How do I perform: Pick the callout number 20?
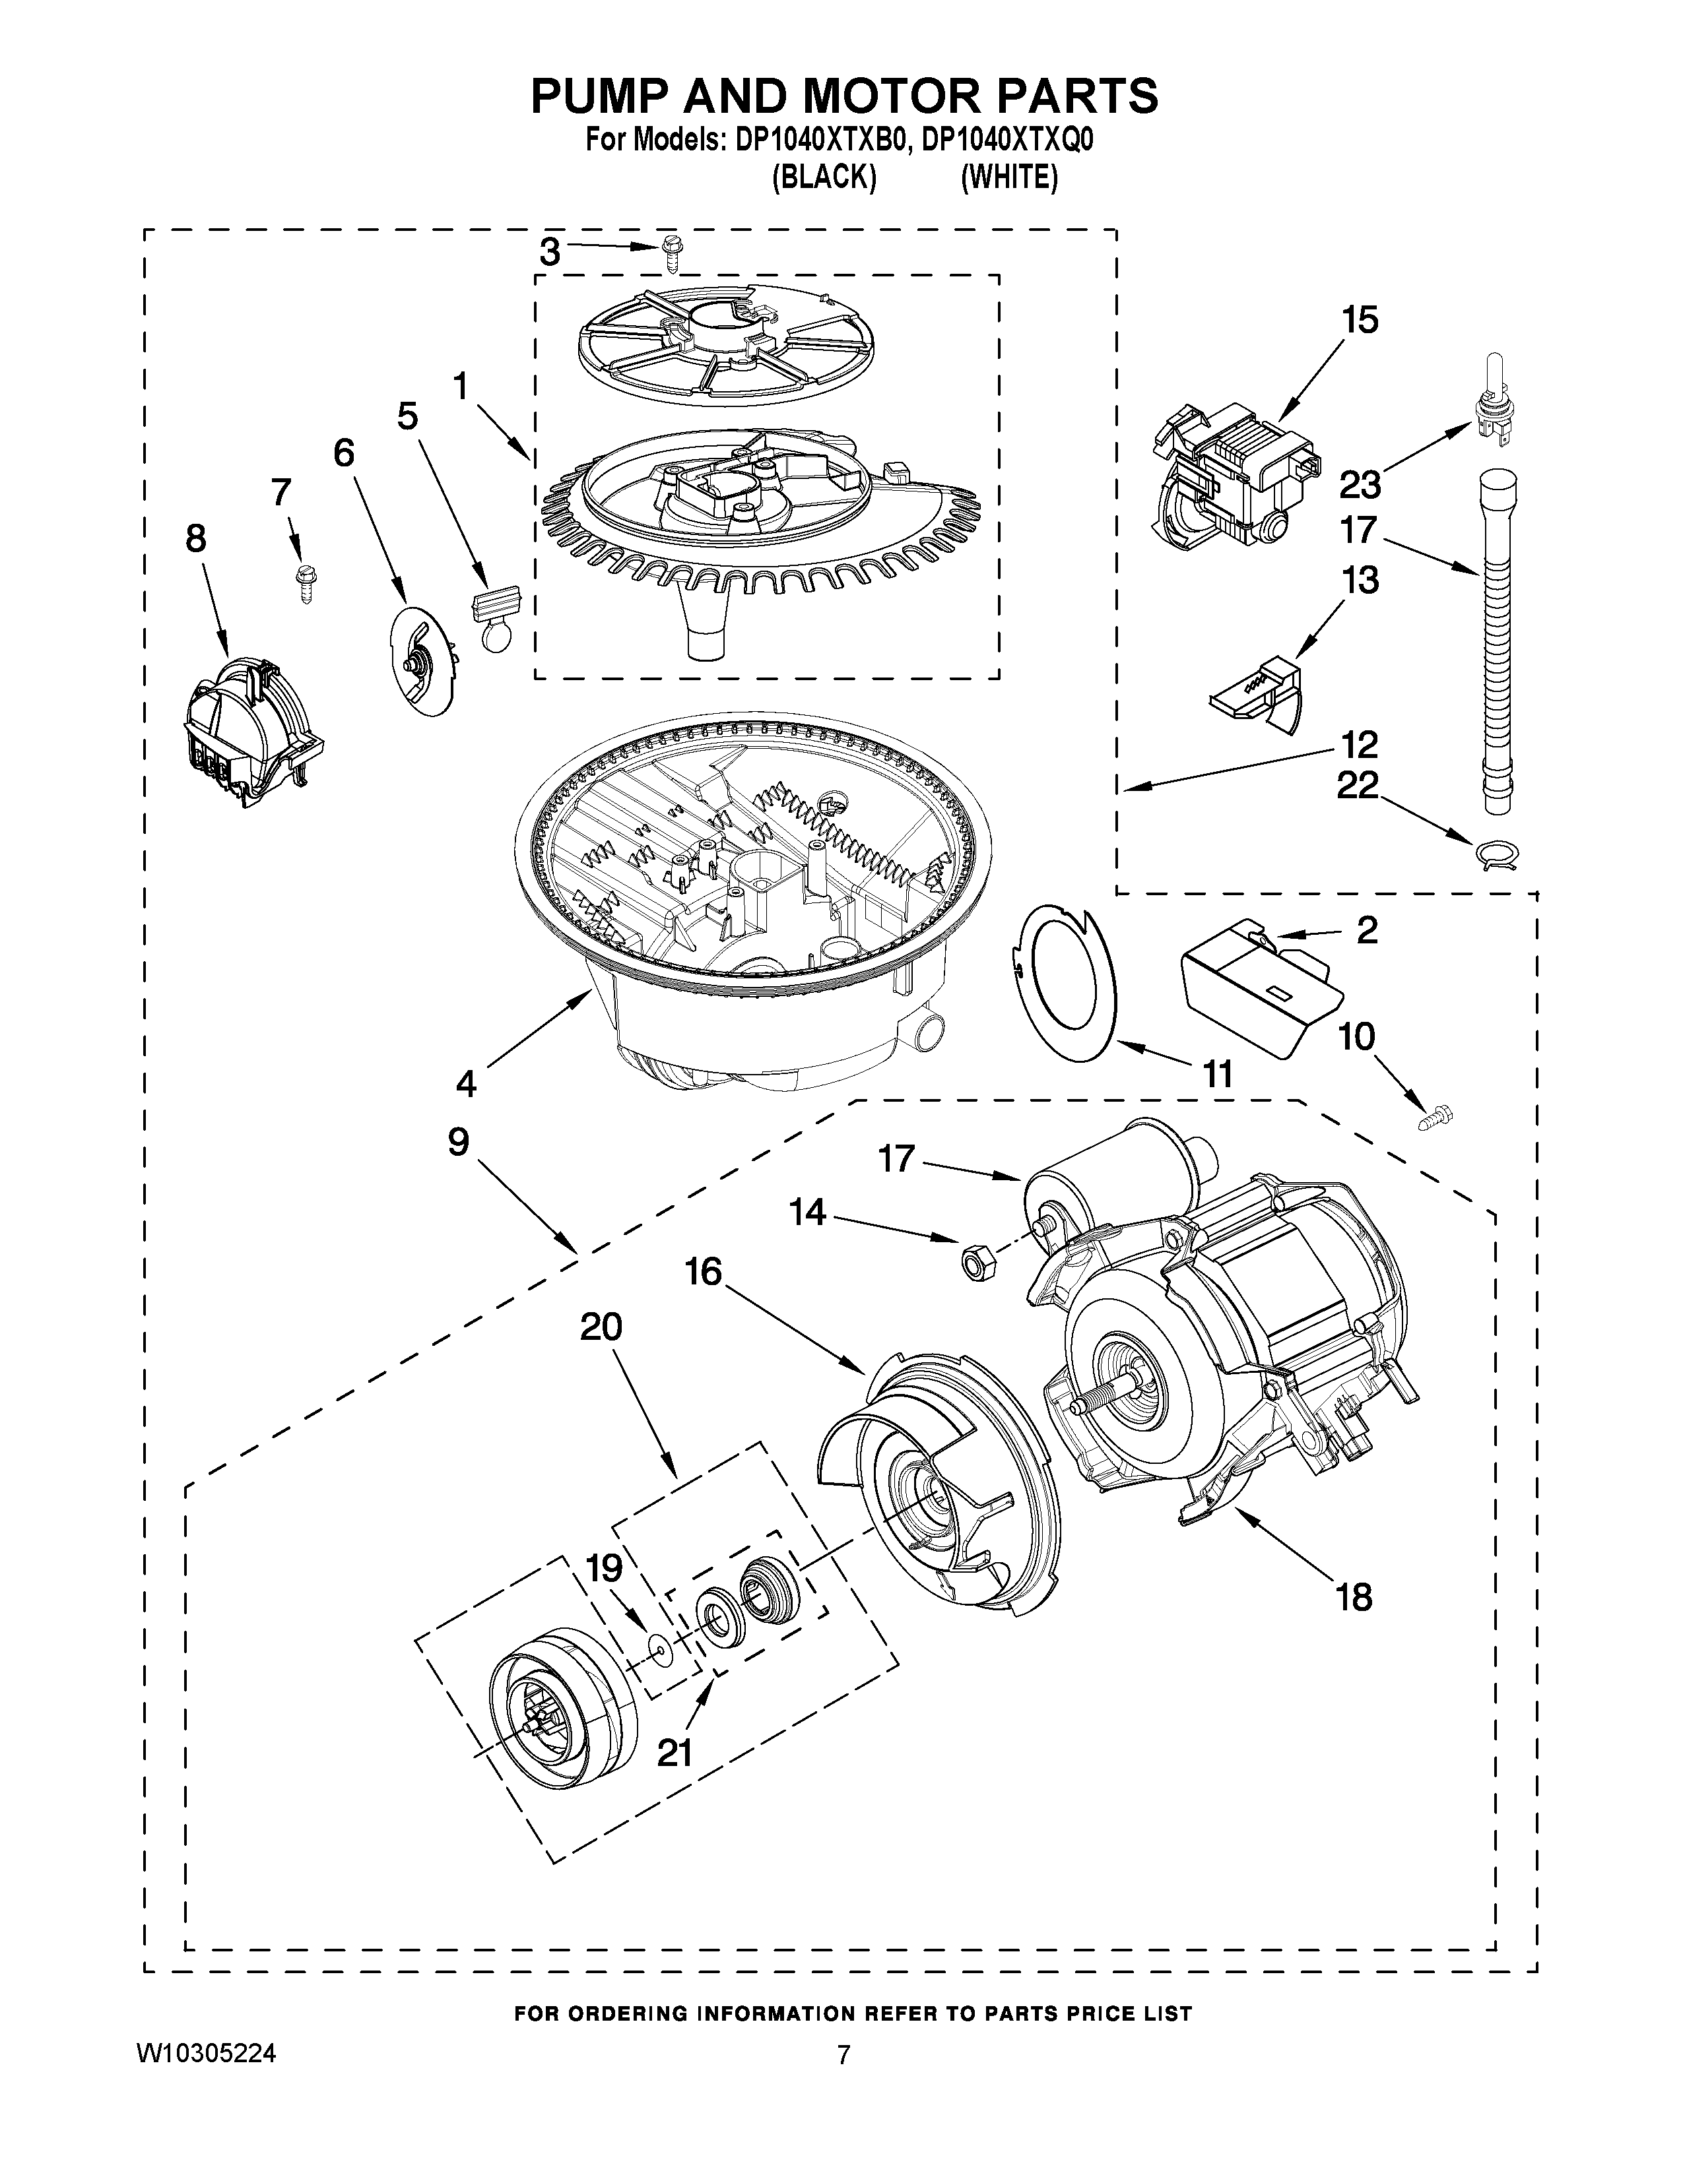[601, 1327]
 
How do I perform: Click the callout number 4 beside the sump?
[465, 1081]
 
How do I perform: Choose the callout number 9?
[457, 1143]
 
